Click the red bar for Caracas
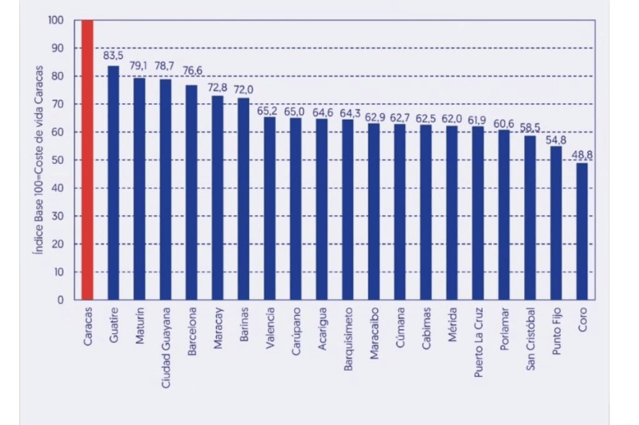87,159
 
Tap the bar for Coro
582,231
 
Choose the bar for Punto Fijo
556,223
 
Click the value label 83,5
113,56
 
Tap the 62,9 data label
373,115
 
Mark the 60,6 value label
503,123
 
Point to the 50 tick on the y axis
58,160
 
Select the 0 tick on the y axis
61,300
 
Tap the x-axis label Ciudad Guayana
166,348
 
